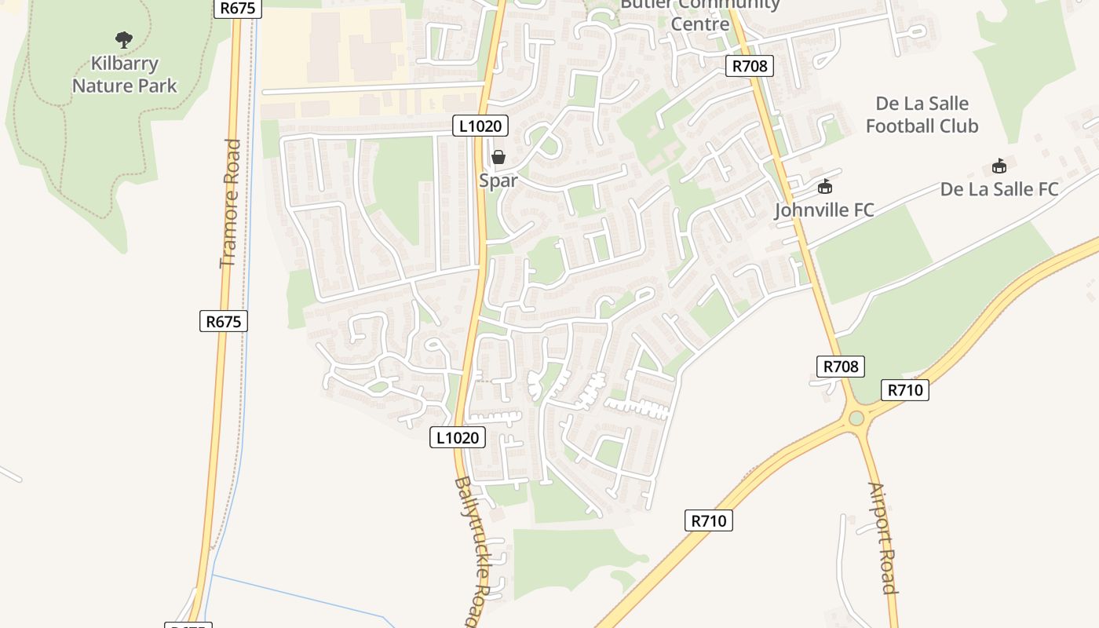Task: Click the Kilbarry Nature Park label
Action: point(125,75)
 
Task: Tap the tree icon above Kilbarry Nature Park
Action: point(123,39)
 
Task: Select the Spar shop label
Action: point(498,181)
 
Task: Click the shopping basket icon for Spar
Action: point(498,157)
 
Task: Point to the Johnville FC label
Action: point(823,210)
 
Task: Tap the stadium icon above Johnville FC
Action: point(824,187)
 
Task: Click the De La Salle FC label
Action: point(999,189)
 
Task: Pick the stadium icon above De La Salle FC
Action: point(999,166)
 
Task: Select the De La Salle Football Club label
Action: point(922,115)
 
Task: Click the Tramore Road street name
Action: point(229,203)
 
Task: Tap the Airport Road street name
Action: point(882,538)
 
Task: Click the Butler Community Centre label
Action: point(700,14)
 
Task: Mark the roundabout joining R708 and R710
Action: point(856,418)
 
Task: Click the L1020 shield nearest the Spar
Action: point(480,125)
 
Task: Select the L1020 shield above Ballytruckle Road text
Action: point(458,437)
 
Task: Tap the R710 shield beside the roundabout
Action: point(904,390)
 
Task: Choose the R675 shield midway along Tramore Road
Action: point(224,320)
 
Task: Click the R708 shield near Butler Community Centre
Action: point(749,66)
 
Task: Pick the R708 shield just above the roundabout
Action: point(841,366)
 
